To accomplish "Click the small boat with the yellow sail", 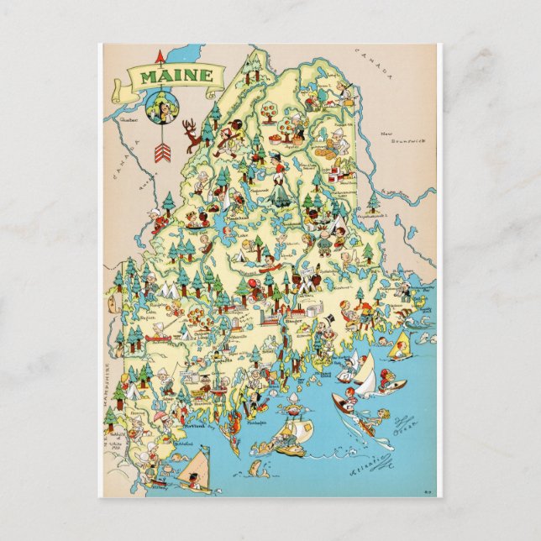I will pos(402,344).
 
